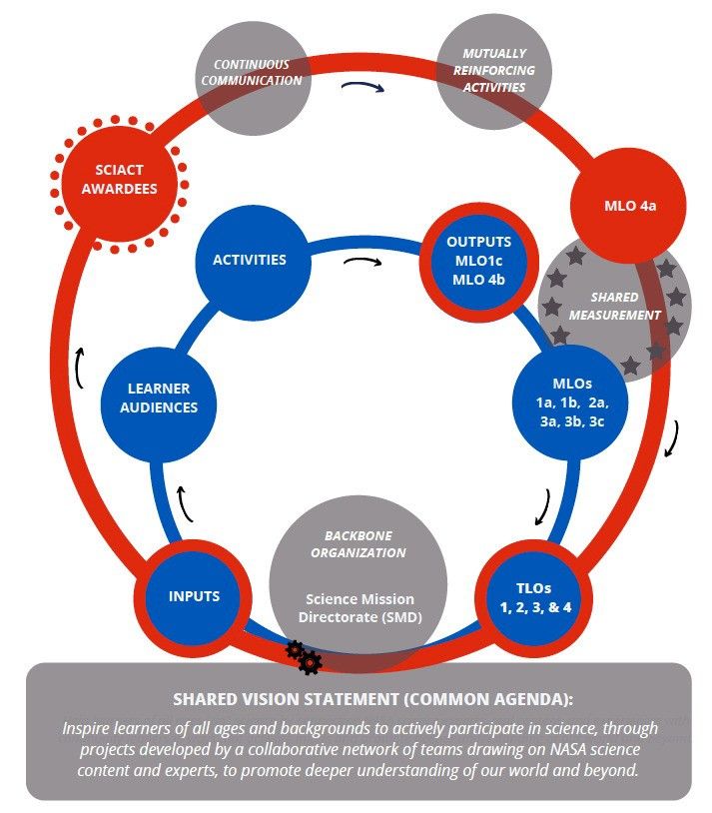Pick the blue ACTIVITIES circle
[249, 261]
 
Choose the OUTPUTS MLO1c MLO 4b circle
[478, 261]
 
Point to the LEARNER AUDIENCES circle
[158, 398]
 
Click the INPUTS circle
[194, 597]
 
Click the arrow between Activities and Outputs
[361, 264]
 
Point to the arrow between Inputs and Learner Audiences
[183, 503]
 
